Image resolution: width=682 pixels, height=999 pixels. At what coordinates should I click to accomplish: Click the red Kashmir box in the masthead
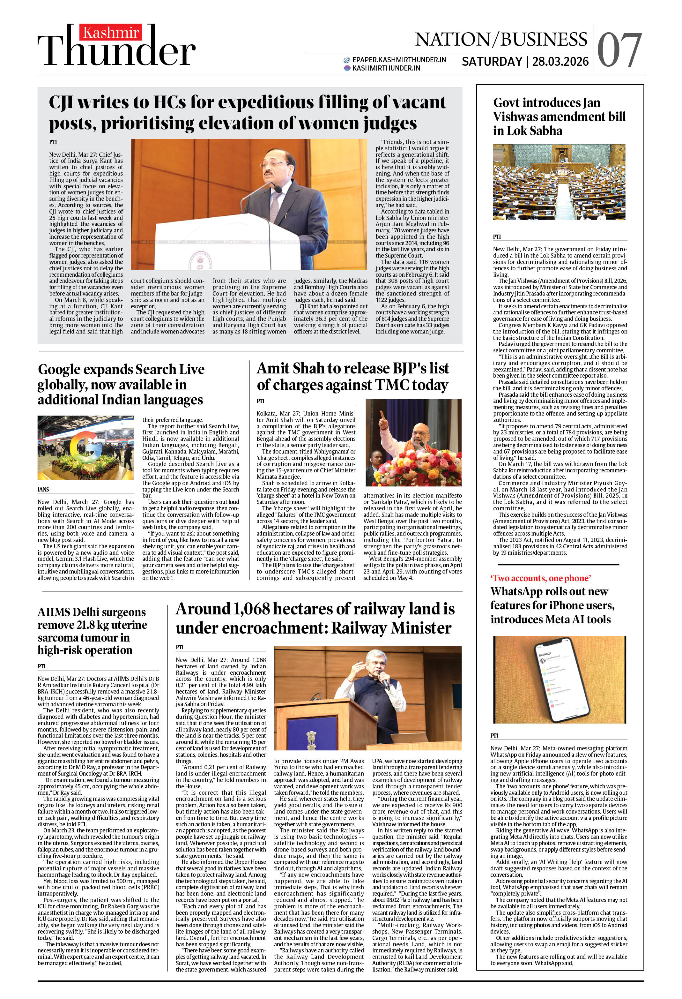(110, 33)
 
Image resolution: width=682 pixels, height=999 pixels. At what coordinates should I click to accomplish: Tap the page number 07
(619, 51)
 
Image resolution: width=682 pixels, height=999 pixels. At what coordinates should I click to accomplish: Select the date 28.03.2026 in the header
(560, 62)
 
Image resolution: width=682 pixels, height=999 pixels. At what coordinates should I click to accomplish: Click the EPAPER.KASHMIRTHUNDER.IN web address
(399, 60)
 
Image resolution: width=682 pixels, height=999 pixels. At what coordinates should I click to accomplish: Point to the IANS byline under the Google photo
(43, 490)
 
